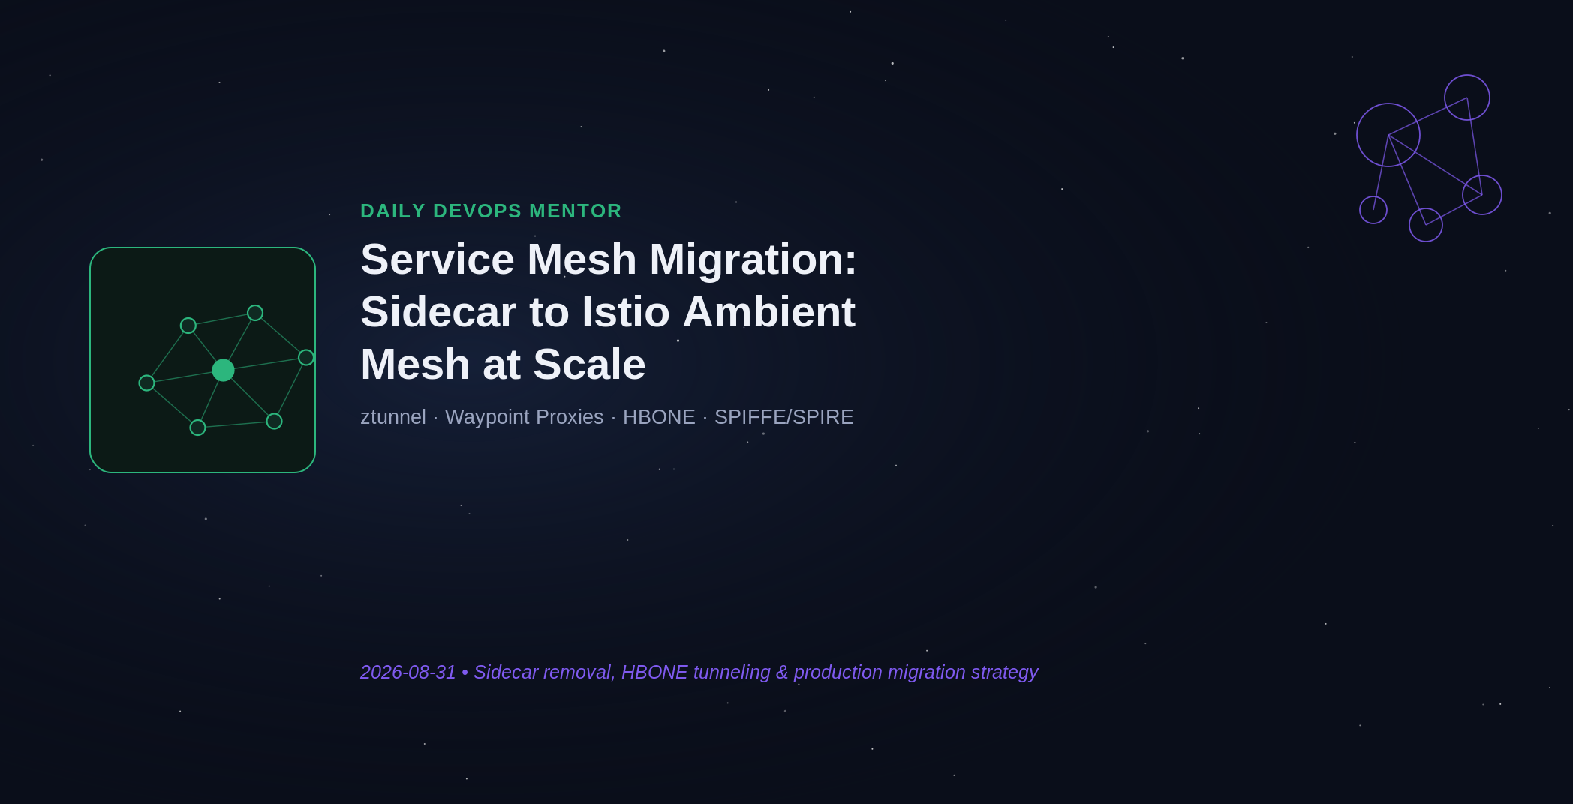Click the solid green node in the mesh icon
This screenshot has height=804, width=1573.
(x=223, y=370)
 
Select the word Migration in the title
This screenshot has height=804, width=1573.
(x=753, y=259)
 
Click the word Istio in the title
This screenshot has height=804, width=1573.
(x=626, y=312)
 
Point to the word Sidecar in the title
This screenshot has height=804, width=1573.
(x=438, y=312)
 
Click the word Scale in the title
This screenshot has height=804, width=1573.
(x=590, y=364)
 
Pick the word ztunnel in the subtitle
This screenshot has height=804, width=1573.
(x=393, y=417)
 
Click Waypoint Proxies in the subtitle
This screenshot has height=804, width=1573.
(x=524, y=417)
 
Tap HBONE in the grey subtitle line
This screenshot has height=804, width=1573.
(x=659, y=417)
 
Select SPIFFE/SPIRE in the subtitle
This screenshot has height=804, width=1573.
(x=784, y=417)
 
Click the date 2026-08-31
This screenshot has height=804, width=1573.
(x=408, y=673)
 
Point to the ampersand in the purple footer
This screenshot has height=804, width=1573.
(x=782, y=673)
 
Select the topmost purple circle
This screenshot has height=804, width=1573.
(x=1467, y=75)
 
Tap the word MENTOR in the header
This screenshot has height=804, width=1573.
(x=576, y=211)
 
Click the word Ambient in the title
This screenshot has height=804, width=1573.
(x=768, y=312)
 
